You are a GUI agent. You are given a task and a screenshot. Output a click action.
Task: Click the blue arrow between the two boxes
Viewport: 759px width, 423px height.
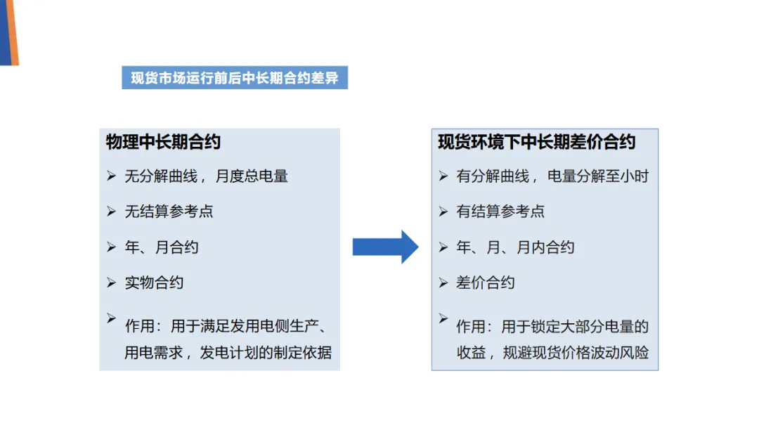[384, 247]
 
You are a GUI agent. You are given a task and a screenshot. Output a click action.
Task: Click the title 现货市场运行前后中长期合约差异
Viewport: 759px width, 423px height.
[235, 78]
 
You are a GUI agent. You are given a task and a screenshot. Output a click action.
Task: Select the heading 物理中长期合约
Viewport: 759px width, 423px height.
[163, 142]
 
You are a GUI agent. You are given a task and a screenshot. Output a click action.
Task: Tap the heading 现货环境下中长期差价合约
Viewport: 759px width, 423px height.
[536, 142]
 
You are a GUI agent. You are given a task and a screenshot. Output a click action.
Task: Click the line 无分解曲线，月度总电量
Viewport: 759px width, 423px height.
[206, 176]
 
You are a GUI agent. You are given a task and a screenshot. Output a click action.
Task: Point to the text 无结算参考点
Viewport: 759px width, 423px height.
[169, 211]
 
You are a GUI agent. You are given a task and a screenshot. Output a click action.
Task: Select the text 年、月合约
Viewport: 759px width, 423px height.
[162, 247]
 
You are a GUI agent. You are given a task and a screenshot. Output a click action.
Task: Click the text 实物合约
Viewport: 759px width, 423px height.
[154, 282]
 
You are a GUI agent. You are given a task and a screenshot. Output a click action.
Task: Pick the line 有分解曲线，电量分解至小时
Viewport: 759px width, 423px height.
[552, 176]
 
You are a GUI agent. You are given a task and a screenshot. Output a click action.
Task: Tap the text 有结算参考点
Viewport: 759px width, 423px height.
[500, 211]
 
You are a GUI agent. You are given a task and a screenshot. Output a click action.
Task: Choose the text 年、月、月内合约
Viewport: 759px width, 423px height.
[515, 247]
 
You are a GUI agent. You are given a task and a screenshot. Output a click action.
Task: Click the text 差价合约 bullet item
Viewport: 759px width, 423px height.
[486, 282]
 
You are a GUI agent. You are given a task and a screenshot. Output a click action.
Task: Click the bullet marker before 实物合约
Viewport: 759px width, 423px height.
[111, 282]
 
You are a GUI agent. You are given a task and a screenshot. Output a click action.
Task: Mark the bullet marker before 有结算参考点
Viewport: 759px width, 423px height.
[443, 211]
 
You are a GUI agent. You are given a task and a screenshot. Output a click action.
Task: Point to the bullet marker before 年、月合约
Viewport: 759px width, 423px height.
[111, 247]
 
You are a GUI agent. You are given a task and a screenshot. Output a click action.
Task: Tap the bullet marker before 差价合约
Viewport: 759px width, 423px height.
[443, 282]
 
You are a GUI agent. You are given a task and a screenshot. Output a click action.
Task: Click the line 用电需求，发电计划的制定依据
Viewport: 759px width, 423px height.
[228, 353]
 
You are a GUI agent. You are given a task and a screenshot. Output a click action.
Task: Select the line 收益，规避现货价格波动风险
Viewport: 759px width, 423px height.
[552, 353]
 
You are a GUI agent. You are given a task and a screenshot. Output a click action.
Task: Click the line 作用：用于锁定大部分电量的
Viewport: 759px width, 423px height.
[552, 327]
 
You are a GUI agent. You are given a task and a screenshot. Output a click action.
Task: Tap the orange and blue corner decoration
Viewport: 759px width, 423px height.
[8, 32]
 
